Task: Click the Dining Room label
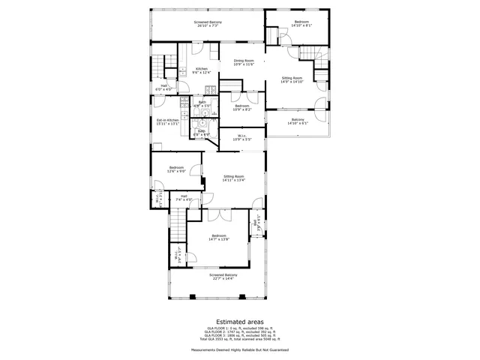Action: click(x=244, y=62)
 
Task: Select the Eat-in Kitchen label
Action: click(x=168, y=121)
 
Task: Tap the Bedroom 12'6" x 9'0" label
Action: click(x=177, y=169)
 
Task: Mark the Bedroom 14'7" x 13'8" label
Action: click(x=218, y=237)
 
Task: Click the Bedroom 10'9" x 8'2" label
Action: click(x=241, y=107)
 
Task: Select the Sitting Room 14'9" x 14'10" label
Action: click(x=292, y=80)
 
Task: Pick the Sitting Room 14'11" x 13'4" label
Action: click(x=234, y=178)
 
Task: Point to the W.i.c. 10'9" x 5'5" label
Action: click(x=241, y=138)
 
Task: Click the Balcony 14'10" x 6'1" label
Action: click(x=298, y=121)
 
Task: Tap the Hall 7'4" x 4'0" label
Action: click(x=184, y=199)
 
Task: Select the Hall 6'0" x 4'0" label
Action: click(x=163, y=87)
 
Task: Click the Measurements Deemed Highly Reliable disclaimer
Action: click(x=240, y=350)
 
